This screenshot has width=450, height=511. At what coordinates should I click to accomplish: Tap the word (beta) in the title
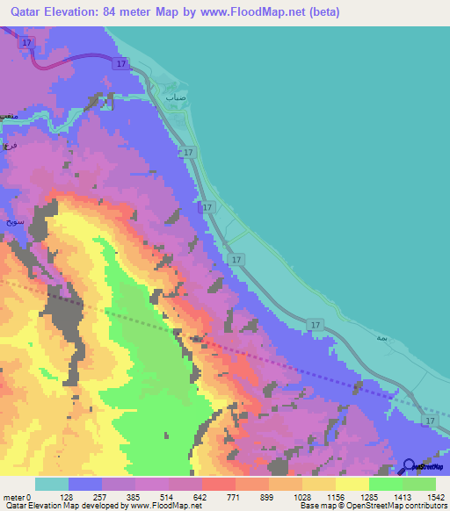[x=323, y=12]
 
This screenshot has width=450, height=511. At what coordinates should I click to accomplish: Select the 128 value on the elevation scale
[x=68, y=496]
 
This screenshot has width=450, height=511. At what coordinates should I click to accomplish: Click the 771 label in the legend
[x=236, y=496]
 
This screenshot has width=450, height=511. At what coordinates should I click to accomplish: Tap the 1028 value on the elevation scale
[x=301, y=496]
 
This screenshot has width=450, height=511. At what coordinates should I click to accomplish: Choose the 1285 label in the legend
[x=369, y=496]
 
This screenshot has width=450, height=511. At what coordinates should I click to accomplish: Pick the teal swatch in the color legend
[x=51, y=484]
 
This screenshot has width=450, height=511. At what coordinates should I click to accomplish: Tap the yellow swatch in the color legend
[x=352, y=484]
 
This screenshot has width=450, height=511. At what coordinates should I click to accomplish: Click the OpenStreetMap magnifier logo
[x=410, y=467]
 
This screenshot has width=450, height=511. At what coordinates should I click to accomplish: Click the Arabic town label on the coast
[x=178, y=99]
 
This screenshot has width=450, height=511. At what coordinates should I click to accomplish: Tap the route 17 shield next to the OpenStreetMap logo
[x=428, y=421]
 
